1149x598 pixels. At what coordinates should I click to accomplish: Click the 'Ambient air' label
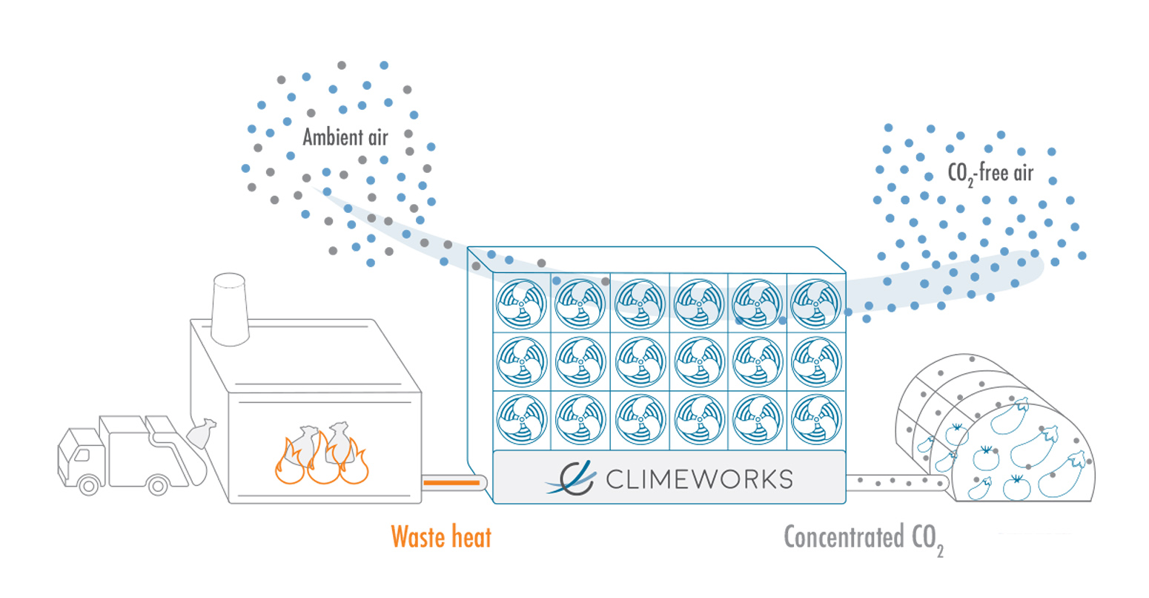click(345, 137)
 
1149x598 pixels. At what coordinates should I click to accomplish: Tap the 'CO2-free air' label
click(990, 174)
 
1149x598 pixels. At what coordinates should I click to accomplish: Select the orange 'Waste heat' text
click(441, 537)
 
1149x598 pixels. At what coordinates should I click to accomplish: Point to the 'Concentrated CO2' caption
click(864, 539)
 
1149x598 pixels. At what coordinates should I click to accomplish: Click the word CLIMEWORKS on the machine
click(700, 479)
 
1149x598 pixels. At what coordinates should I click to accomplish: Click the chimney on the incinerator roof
click(231, 309)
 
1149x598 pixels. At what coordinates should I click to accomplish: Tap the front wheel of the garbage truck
click(89, 485)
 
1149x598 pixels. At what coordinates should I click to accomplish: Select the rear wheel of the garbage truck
click(158, 485)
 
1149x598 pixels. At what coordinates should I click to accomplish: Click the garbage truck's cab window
click(82, 456)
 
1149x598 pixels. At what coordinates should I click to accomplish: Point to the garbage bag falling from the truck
click(201, 433)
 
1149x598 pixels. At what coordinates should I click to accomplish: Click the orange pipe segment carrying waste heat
click(451, 482)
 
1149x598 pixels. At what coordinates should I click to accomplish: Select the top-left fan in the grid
click(522, 304)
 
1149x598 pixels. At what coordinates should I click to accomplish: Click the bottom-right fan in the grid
click(816, 419)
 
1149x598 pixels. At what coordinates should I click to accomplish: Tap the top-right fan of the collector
click(816, 304)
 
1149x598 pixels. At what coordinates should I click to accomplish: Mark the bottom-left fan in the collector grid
click(522, 419)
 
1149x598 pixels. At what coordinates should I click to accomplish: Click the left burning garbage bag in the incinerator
click(305, 446)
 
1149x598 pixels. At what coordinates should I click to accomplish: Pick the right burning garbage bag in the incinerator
click(340, 442)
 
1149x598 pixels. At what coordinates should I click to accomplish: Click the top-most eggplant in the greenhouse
click(1010, 416)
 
